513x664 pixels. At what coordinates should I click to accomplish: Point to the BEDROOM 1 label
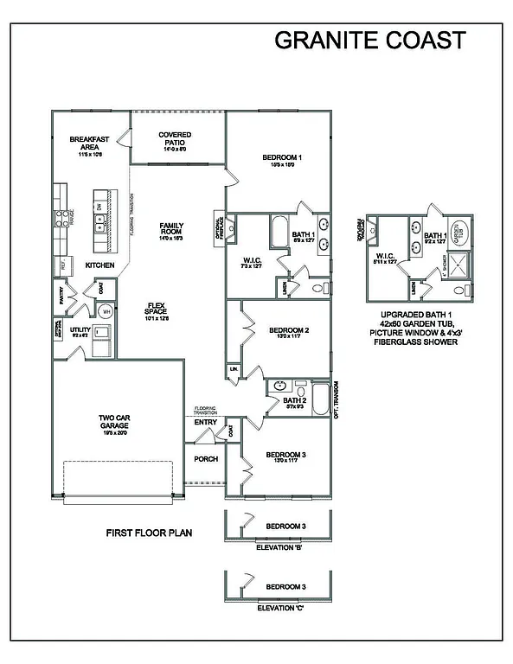point(282,157)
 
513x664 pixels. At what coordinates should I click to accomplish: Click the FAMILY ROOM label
point(171,229)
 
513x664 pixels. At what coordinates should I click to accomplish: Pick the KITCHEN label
point(99,265)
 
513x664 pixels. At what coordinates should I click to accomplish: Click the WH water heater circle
point(106,311)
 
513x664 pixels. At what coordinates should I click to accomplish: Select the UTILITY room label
point(80,329)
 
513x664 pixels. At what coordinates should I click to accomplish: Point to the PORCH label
point(205,459)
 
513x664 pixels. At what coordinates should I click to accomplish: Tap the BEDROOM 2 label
point(289,329)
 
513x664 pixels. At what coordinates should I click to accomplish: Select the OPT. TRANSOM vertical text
point(336,399)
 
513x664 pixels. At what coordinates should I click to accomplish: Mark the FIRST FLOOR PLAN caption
point(148,533)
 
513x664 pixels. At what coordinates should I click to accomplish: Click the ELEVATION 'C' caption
point(280,609)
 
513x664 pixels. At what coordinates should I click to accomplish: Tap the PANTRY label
point(61,297)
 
